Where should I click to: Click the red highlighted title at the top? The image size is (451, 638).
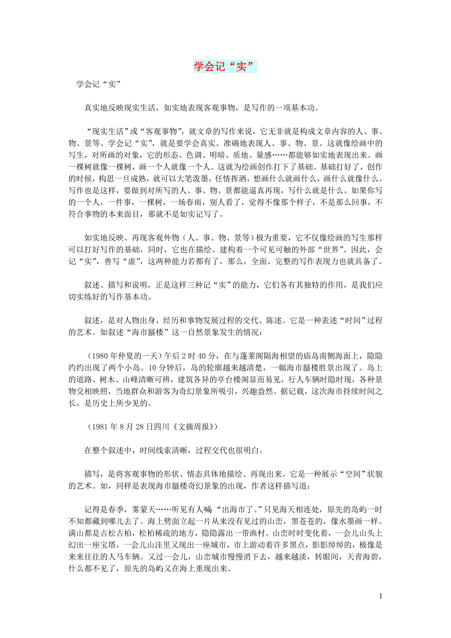coord(225,66)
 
